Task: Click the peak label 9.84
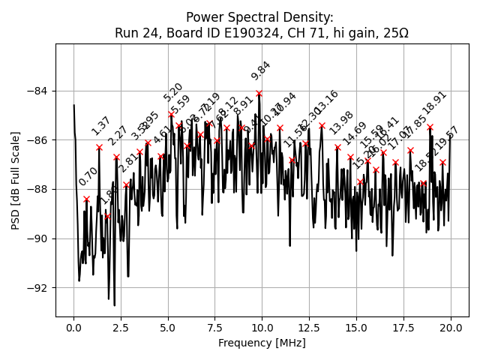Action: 261,70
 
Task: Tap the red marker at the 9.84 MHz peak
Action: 259,94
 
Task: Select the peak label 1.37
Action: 101,125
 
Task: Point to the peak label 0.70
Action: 88,176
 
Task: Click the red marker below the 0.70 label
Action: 86,199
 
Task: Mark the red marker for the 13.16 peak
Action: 322,125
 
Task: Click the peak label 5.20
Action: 173,92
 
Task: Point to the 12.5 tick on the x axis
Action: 309,328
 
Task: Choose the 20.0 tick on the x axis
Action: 451,328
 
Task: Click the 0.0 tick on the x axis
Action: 73,328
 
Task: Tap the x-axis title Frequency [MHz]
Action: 262,343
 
